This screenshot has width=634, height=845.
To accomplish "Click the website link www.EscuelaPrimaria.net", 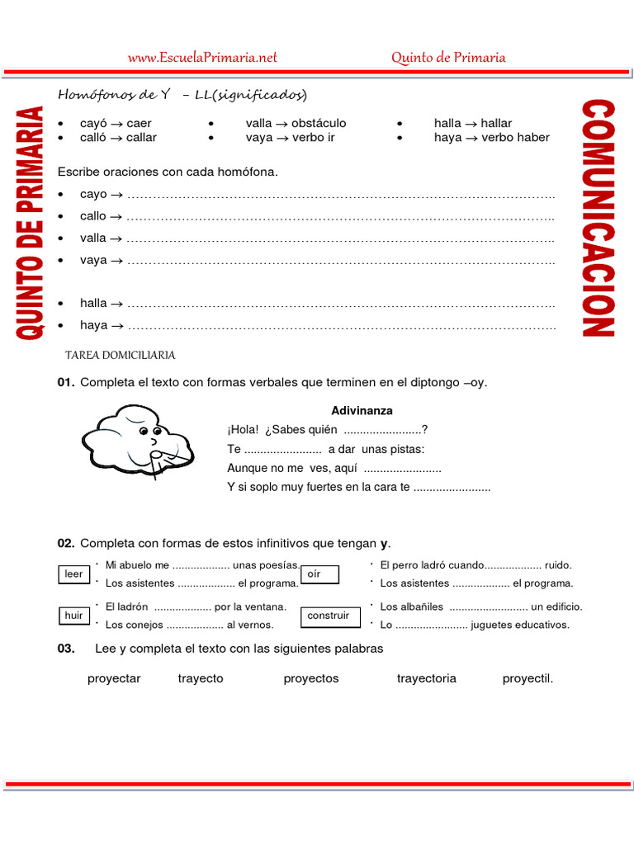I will click(202, 57).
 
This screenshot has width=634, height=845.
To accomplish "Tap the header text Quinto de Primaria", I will click(448, 57).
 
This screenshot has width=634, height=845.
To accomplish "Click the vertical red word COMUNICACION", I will click(598, 219).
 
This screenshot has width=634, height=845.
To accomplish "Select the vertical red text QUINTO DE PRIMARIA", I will click(31, 223).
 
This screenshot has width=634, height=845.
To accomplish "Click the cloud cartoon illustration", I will click(136, 437).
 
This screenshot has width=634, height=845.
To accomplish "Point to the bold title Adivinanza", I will click(362, 410).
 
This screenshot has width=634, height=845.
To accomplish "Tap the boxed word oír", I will click(314, 574).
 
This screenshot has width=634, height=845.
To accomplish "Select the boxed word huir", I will click(73, 616).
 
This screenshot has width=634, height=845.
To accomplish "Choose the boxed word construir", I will click(328, 616).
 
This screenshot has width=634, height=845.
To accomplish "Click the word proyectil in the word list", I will click(528, 678).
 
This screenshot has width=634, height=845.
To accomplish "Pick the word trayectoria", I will click(426, 678).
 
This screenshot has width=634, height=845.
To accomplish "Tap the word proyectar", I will click(114, 678).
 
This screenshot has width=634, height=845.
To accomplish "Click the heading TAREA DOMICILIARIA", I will click(120, 355).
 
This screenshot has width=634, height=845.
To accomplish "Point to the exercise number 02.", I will click(66, 543).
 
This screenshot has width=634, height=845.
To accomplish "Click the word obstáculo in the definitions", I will click(319, 123).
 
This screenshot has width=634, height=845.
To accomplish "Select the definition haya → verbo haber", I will click(491, 137).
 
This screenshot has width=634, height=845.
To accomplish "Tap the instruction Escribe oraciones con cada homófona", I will click(168, 172).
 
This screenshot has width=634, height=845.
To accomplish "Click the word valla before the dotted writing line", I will click(93, 238).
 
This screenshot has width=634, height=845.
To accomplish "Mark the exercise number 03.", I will click(66, 649).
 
